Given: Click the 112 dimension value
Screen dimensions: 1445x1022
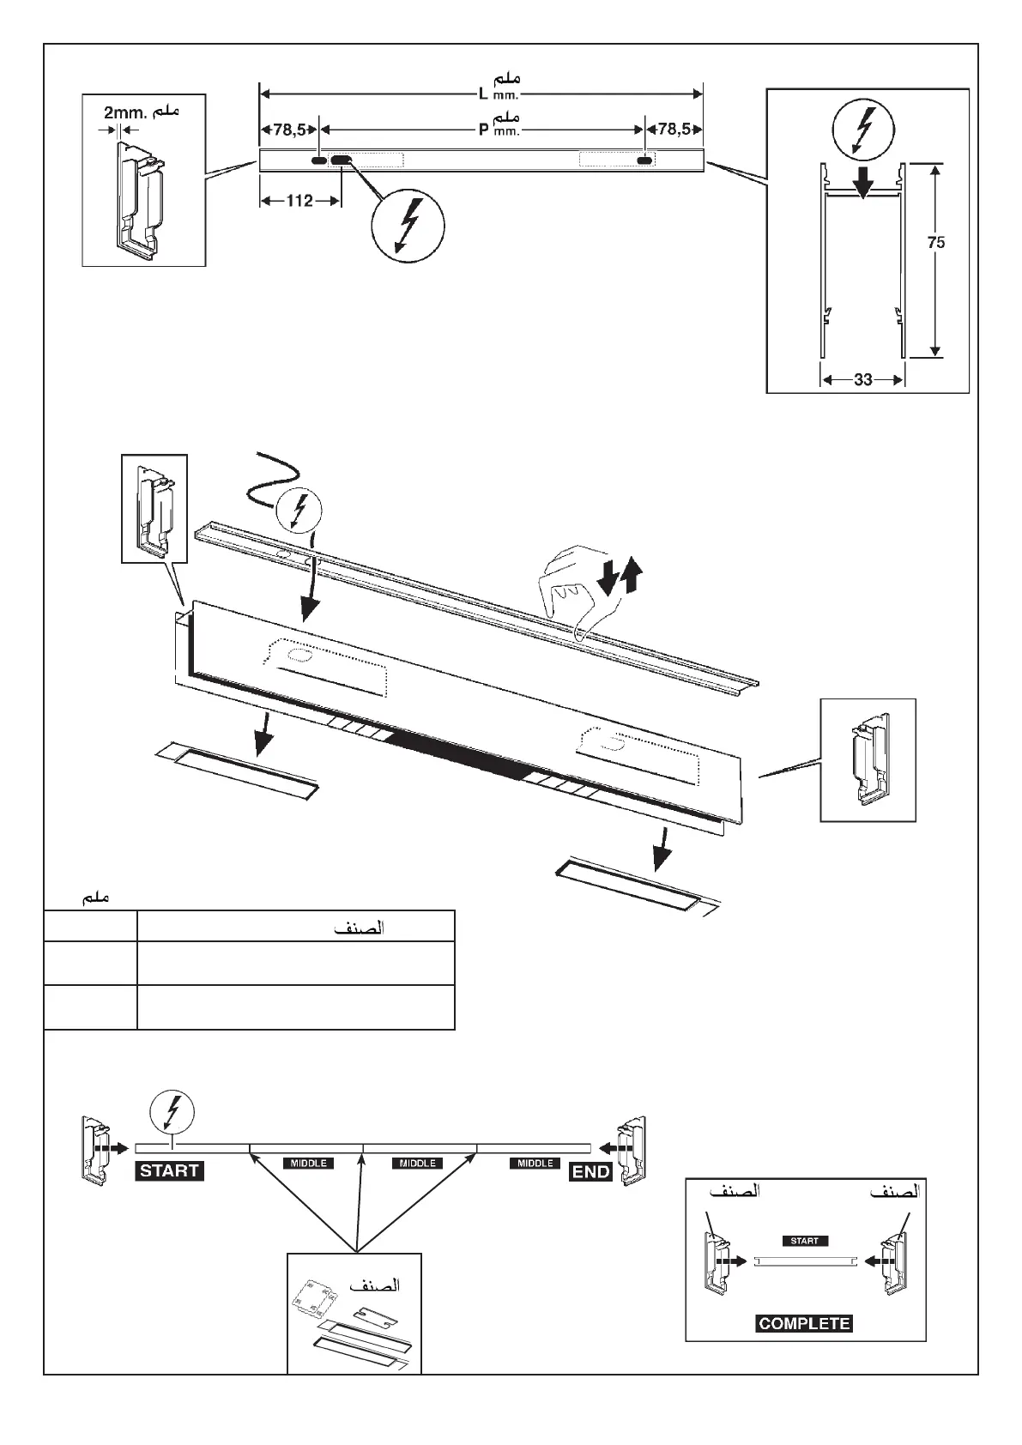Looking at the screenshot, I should coord(299,201).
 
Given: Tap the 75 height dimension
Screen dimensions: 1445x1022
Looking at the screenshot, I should coord(936,243).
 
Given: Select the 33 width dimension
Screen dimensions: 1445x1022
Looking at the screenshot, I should coord(863,379).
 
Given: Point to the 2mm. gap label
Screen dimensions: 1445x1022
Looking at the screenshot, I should coord(126,112).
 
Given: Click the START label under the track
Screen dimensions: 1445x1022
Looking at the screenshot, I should coord(169,1170).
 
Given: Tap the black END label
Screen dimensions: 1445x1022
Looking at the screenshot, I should coord(590,1171).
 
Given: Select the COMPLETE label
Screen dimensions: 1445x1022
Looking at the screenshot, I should coord(804,1323).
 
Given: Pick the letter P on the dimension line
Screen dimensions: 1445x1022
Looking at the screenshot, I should coord(483,130).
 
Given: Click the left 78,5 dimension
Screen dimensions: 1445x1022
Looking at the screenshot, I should coord(289,130).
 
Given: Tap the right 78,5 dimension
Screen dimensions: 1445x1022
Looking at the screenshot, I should coord(674,130).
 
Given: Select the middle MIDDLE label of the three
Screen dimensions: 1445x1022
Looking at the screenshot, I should coord(418,1164).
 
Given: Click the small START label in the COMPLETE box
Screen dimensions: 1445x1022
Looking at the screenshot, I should coord(804,1240).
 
